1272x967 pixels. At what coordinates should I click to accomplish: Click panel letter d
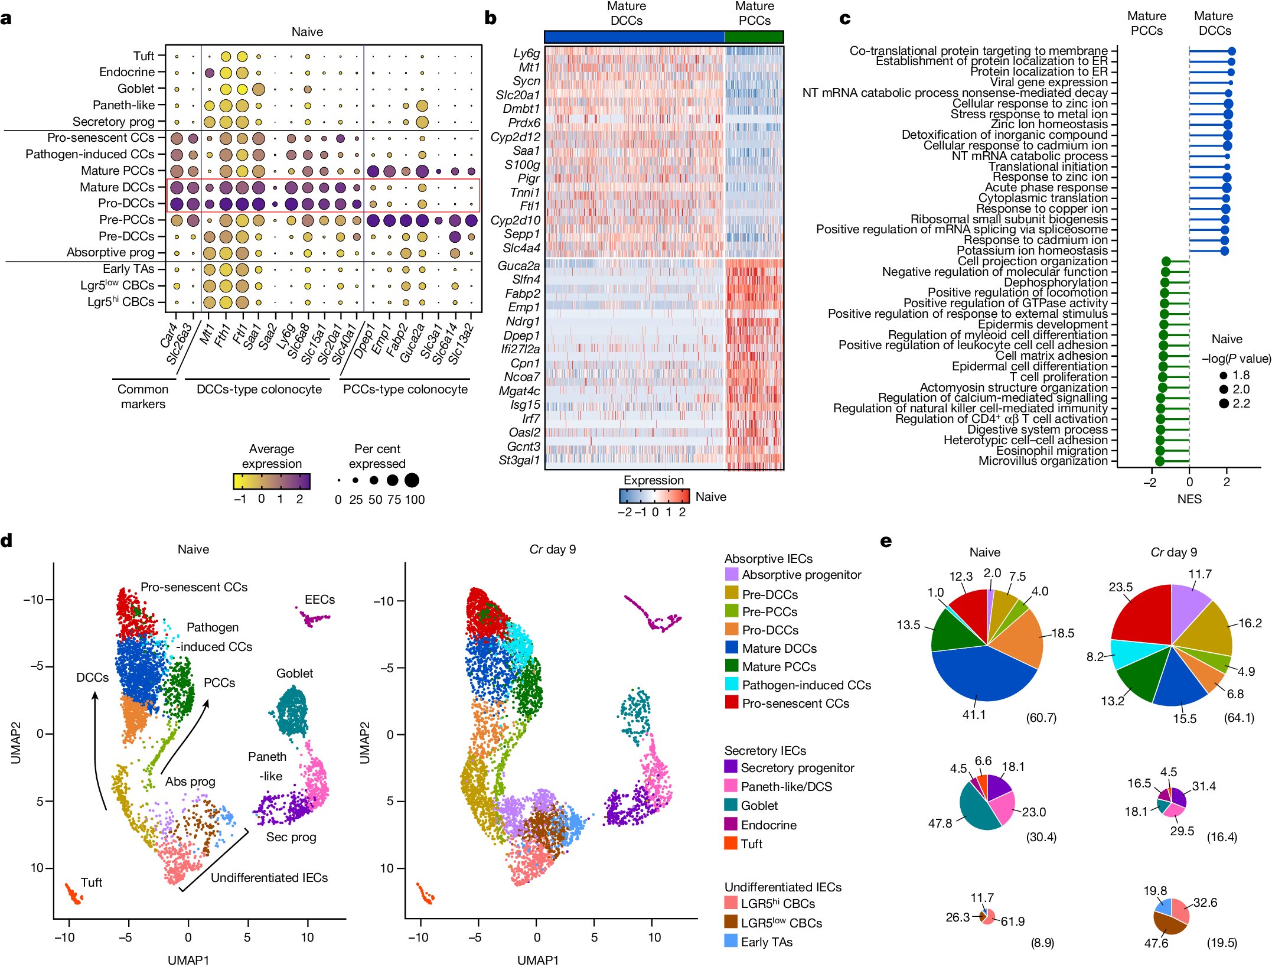[x=6, y=541]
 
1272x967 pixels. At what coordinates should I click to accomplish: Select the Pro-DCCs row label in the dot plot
[x=126, y=203]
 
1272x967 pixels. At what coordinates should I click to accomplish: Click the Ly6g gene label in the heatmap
[x=526, y=53]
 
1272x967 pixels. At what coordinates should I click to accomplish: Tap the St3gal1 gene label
[x=519, y=460]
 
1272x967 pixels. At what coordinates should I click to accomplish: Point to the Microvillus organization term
[x=1042, y=461]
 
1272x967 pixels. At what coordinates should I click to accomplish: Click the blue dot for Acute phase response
[x=1227, y=188]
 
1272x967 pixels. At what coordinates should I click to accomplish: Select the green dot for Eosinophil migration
[x=1160, y=451]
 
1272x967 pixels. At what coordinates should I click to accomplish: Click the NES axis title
[x=1189, y=499]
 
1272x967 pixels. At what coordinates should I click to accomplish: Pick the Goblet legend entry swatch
[x=730, y=805]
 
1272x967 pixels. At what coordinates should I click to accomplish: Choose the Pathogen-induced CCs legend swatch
[x=731, y=684]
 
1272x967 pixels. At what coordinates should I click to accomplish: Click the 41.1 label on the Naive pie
[x=974, y=715]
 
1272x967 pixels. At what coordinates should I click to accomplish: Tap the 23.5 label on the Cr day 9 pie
[x=1120, y=587]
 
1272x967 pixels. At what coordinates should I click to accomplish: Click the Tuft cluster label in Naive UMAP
[x=91, y=883]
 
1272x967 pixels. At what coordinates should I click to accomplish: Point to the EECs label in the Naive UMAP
[x=319, y=600]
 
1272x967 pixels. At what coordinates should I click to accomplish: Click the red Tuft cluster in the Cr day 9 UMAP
[x=425, y=894]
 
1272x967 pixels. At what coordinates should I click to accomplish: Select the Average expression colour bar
[x=272, y=481]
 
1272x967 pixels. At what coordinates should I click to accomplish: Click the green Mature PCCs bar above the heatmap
[x=754, y=37]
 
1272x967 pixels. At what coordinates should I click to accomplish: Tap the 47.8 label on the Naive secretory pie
[x=940, y=823]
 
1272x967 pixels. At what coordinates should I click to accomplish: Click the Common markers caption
[x=143, y=396]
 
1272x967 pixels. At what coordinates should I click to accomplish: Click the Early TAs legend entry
[x=767, y=942]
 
